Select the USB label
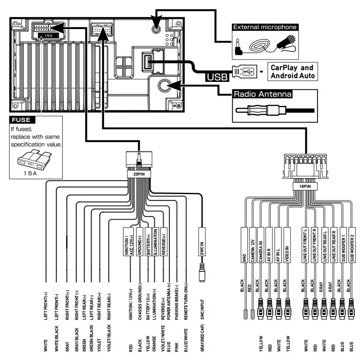pos(217,76)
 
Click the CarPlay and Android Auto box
pos(292,72)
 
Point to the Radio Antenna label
pos(263,94)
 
